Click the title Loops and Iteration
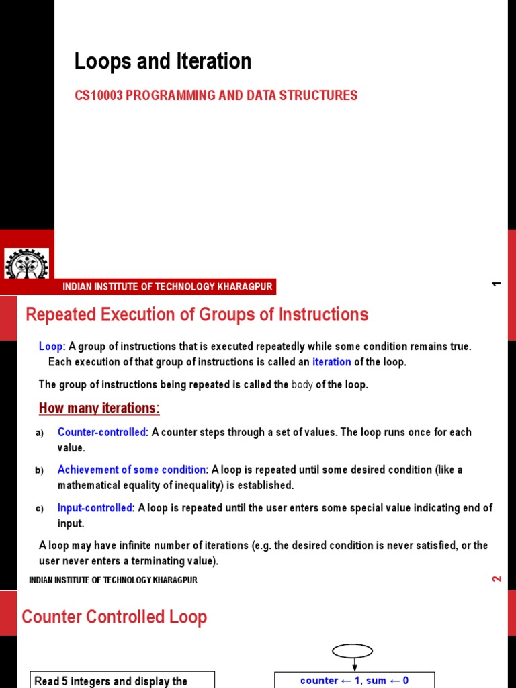pyautogui.click(x=163, y=62)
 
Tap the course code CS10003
pyautogui.click(x=99, y=95)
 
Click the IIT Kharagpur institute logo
pyautogui.click(x=27, y=264)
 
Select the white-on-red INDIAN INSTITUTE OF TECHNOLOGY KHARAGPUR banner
pyautogui.click(x=167, y=287)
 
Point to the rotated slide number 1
pyautogui.click(x=497, y=284)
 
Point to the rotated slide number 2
pyautogui.click(x=497, y=578)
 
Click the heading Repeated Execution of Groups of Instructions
pyautogui.click(x=196, y=314)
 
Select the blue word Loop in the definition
pyautogui.click(x=50, y=347)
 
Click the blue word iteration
pyautogui.click(x=331, y=362)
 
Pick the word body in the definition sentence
pyautogui.click(x=302, y=385)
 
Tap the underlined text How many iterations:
pyautogui.click(x=99, y=408)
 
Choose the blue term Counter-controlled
pyautogui.click(x=101, y=432)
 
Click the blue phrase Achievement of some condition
pyautogui.click(x=132, y=470)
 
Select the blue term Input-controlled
pyautogui.click(x=95, y=508)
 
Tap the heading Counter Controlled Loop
pyautogui.click(x=114, y=617)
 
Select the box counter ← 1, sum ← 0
pyautogui.click(x=354, y=680)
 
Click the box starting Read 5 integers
pyautogui.click(x=123, y=680)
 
